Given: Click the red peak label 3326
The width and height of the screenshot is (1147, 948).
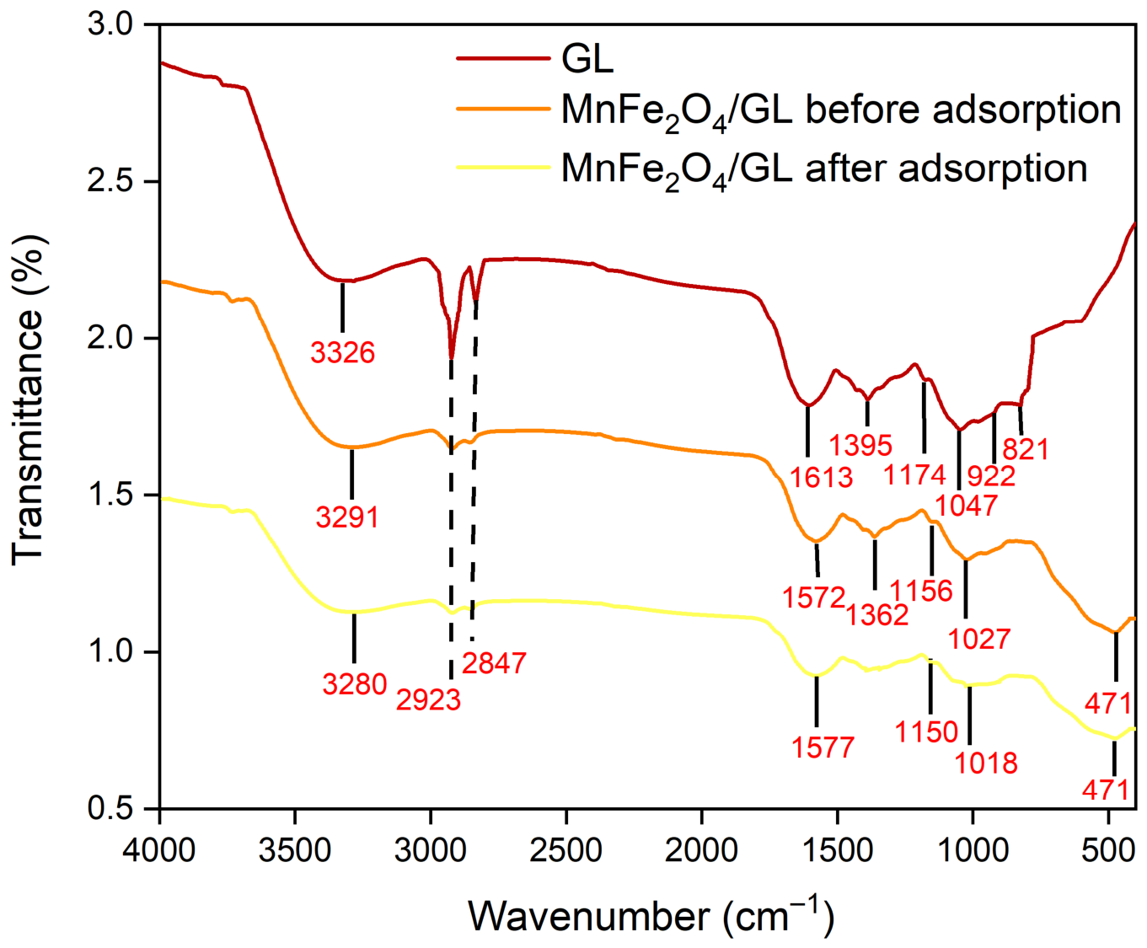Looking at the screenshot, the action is [x=343, y=352].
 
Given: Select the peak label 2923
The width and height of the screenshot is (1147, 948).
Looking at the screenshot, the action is [x=428, y=699].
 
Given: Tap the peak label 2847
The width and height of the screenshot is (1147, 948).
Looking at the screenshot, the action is [x=494, y=663].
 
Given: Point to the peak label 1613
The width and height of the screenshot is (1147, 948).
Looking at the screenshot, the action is [x=821, y=477].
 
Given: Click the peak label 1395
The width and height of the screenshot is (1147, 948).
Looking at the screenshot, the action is [x=860, y=445].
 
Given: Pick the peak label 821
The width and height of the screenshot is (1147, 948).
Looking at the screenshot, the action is [x=1026, y=450].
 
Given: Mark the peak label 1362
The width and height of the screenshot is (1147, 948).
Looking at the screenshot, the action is [x=876, y=616].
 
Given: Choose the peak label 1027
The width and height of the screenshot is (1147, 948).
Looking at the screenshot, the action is [x=979, y=639].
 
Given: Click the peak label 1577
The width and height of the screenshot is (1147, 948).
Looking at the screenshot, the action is [x=823, y=747].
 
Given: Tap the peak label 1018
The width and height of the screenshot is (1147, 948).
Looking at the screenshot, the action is [x=986, y=763].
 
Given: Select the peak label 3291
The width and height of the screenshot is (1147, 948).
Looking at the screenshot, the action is [x=347, y=517].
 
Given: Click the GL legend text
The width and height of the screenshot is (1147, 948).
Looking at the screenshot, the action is [x=587, y=59].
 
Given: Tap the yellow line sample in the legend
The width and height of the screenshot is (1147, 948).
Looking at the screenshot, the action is [x=503, y=166].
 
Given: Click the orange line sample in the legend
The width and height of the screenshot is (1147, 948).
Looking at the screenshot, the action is [x=503, y=109].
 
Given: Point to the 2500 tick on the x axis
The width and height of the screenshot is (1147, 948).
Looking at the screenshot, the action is [x=565, y=804].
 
